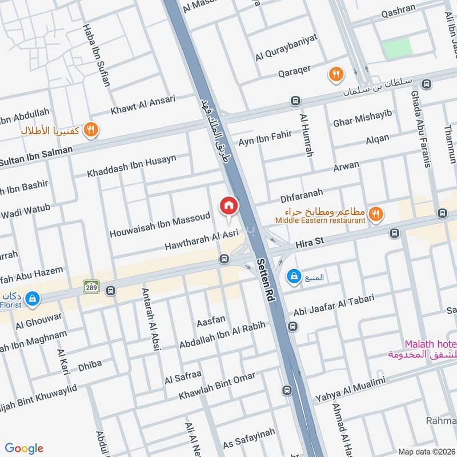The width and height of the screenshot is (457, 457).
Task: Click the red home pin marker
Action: coord(228,206)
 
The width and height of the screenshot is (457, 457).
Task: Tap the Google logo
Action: coord(24,448)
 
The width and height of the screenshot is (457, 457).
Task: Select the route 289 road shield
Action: coord(90,285)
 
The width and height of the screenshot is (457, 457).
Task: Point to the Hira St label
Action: coord(310,242)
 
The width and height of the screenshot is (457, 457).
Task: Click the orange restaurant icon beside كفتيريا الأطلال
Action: coord(90,130)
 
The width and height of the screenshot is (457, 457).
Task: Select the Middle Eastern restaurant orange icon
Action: coord(375,214)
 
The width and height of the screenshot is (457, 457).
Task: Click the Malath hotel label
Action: coord(430,344)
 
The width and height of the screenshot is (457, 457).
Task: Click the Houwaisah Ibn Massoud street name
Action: coord(159,225)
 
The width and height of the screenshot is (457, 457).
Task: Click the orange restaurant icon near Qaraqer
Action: coord(335,73)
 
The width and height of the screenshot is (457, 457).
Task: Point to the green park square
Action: coord(397,49)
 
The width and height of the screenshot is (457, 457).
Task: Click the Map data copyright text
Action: coord(426,451)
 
